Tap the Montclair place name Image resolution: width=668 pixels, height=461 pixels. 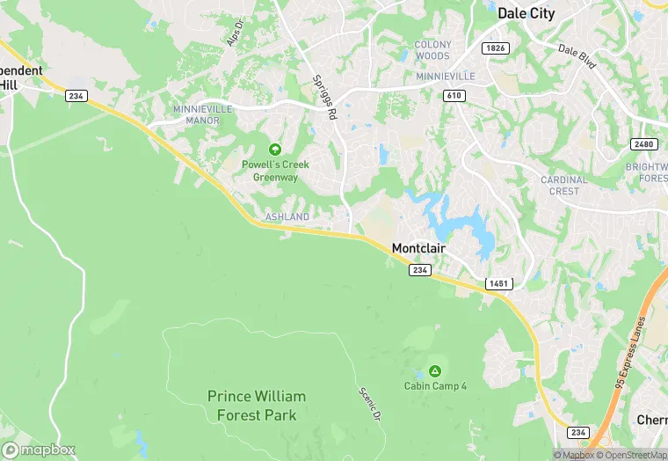pyautogui.click(x=418, y=249)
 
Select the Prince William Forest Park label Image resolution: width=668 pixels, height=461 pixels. pyautogui.click(x=252, y=406)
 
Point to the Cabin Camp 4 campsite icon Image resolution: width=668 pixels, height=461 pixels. pyautogui.click(x=434, y=370)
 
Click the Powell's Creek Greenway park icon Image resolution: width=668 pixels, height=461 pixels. pyautogui.click(x=275, y=150)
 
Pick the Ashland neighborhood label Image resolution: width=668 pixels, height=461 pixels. pyautogui.click(x=287, y=216)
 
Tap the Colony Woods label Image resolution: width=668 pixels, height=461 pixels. pyautogui.click(x=432, y=50)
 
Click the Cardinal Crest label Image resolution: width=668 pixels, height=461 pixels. pyautogui.click(x=565, y=186)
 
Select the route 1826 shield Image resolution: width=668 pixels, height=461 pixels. pyautogui.click(x=495, y=48)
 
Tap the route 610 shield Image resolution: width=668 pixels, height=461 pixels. pyautogui.click(x=454, y=95)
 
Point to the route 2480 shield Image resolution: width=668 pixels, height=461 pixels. pyautogui.click(x=644, y=144)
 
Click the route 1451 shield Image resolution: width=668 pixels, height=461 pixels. pyautogui.click(x=498, y=284)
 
